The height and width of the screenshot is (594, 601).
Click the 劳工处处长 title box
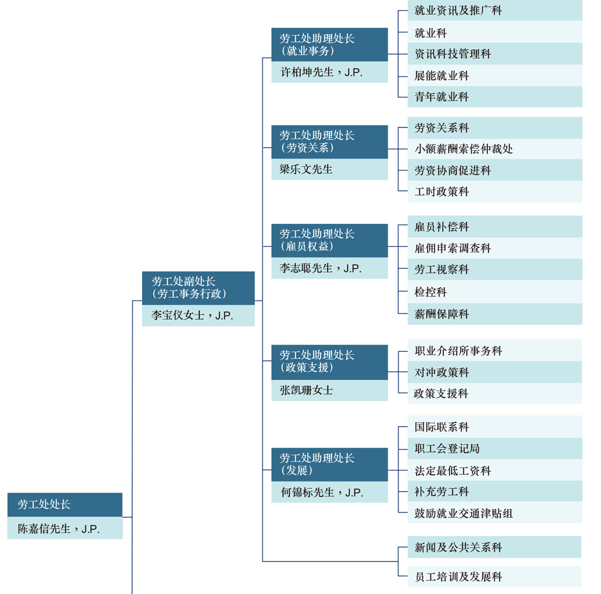(65, 505)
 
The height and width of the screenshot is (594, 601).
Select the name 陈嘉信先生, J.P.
(59, 529)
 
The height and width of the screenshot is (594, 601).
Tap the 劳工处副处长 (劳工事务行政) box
(198, 288)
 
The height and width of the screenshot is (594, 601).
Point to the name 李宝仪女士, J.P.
(192, 316)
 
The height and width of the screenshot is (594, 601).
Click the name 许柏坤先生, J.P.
(322, 72)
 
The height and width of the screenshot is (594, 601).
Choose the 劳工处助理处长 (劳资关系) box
(330, 142)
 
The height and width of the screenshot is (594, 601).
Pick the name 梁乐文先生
(306, 169)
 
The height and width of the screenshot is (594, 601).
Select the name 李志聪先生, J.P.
(320, 269)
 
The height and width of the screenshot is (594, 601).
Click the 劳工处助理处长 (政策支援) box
(330, 363)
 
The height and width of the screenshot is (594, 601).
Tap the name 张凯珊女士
(306, 390)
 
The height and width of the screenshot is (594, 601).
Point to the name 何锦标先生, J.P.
(322, 492)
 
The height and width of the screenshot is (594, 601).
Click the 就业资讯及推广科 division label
(458, 11)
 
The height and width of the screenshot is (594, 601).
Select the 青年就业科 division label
(441, 97)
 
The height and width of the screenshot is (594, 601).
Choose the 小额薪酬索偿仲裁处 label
(464, 149)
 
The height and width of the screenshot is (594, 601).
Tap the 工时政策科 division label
(441, 192)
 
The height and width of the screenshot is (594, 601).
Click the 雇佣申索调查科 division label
(453, 249)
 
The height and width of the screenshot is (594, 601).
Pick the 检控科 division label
(430, 292)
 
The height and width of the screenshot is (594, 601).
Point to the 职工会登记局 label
(447, 448)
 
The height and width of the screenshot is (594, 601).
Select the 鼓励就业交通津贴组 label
(464, 514)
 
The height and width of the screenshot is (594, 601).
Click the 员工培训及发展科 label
(458, 577)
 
